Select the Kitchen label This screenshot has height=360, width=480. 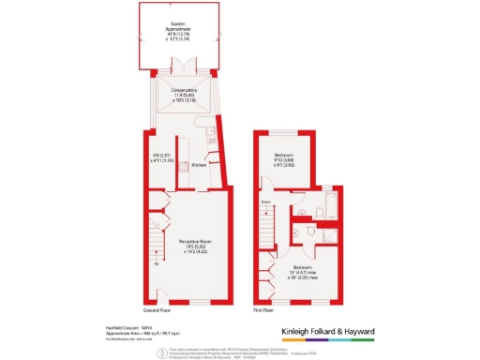point(198,166)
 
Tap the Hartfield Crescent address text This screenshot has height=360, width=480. point(119,326)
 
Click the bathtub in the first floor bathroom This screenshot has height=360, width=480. point(334,204)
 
